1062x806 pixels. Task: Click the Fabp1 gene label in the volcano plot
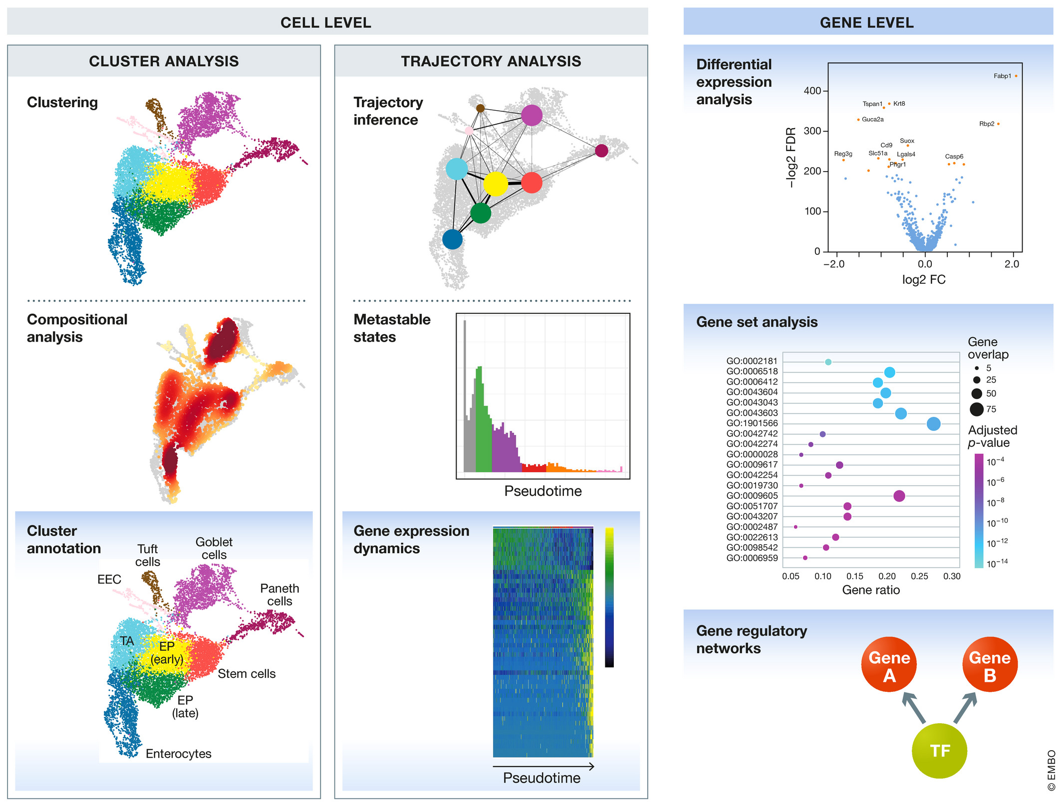[x=1002, y=76]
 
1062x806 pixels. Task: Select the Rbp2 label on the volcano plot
[x=986, y=124]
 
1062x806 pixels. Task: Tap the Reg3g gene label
[x=843, y=154]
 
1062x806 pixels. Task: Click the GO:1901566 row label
[x=752, y=423]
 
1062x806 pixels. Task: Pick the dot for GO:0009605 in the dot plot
[x=899, y=496]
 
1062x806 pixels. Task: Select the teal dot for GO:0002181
[x=828, y=362]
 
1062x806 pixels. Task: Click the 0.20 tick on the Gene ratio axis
[x=887, y=577]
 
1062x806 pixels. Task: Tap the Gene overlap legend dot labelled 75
[x=977, y=409]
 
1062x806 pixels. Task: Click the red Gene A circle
[x=889, y=664]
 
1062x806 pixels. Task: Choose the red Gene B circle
[x=990, y=664]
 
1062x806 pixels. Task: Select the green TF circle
[x=939, y=751]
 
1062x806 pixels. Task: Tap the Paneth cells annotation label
[x=279, y=595]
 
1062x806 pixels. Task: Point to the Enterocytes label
[x=178, y=754]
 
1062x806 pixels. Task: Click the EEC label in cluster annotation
[x=109, y=580]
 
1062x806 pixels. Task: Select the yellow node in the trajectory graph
[x=495, y=184]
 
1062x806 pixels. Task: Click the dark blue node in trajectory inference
[x=452, y=239]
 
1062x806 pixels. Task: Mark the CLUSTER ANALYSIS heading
[x=164, y=61]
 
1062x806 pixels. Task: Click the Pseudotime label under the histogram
[x=543, y=491]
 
